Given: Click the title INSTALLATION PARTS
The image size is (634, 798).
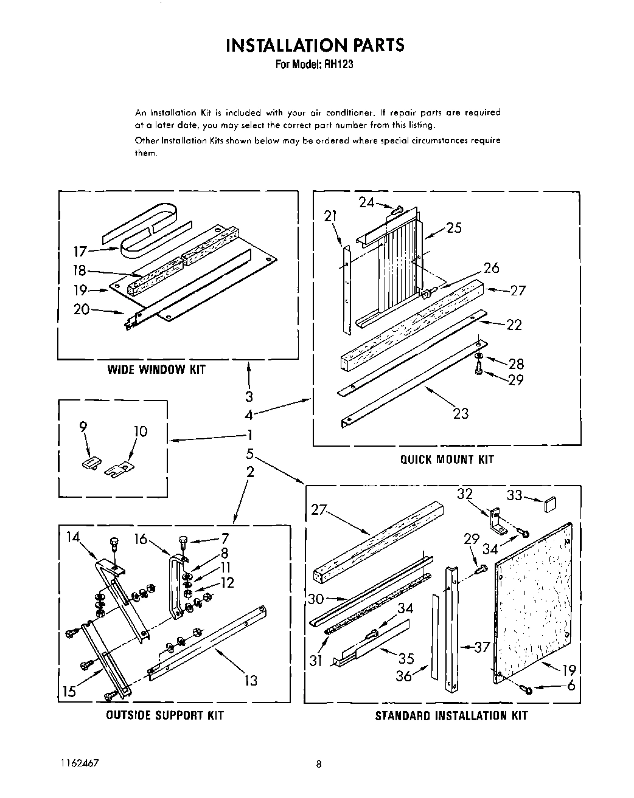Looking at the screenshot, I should [x=315, y=45].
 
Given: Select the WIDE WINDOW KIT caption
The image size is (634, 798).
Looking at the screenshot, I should [x=156, y=370].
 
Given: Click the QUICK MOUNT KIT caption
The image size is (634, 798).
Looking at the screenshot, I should [x=447, y=459].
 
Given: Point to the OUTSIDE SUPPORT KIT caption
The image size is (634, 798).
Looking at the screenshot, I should [x=165, y=715].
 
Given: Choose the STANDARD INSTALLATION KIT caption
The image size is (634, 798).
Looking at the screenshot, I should [x=451, y=716].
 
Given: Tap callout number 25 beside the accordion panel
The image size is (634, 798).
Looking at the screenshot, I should [x=454, y=228].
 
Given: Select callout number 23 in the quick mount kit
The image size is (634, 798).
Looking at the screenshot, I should [x=461, y=413].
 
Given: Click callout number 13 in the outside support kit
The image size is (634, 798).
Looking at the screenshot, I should [x=251, y=681].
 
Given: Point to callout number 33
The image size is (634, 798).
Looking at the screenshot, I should [x=515, y=496].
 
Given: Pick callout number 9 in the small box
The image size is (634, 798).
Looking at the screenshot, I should [x=83, y=427].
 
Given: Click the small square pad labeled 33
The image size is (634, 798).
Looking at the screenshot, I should [x=550, y=503].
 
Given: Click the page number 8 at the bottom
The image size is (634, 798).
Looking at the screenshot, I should [x=318, y=765].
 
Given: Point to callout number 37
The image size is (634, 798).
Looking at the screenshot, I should [x=482, y=647].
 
